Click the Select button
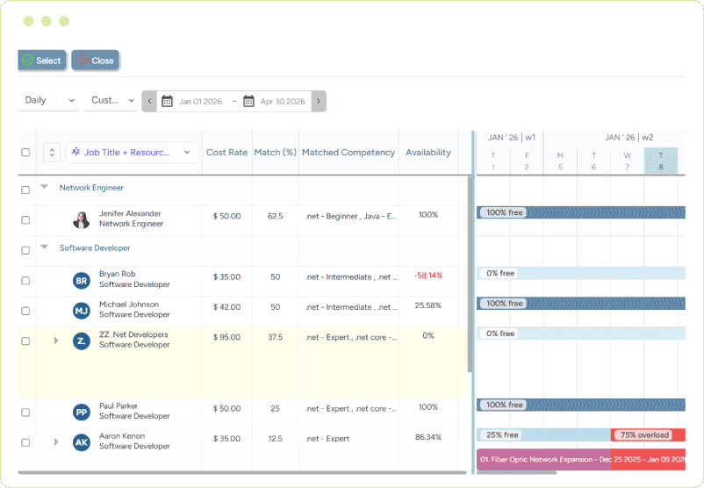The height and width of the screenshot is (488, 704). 41,61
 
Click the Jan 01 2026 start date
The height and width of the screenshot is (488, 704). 199,102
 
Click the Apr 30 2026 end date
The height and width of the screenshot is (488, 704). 282,102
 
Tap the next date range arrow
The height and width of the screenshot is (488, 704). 319,101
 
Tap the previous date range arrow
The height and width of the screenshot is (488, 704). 149,101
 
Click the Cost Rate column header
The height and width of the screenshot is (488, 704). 226,153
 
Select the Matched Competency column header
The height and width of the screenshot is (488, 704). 348,153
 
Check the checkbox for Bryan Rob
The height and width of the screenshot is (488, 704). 25,281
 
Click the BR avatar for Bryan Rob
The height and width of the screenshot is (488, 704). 81,281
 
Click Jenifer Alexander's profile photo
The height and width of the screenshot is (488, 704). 81,219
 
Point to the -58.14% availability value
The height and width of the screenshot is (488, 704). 428,276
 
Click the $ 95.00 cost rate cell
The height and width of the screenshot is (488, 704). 226,336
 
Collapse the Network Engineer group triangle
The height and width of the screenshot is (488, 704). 45,187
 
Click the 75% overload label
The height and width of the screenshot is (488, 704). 643,435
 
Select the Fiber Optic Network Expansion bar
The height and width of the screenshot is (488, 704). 543,459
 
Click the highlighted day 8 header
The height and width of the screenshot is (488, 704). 660,161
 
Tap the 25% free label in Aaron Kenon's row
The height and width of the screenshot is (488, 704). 502,435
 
